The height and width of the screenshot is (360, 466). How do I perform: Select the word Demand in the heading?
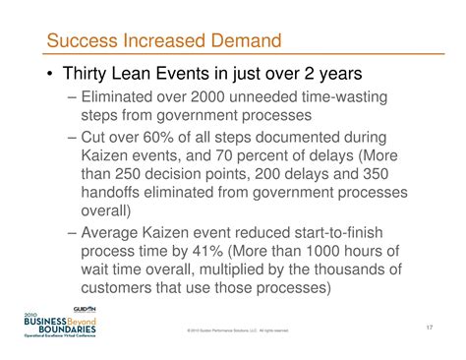243,42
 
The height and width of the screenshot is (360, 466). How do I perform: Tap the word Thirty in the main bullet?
88,75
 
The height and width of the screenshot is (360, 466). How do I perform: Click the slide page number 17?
430,326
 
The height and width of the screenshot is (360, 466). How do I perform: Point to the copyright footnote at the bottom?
236,330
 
